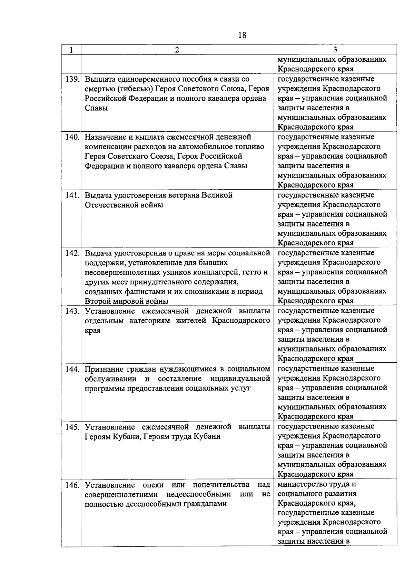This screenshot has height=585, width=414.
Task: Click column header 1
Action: pyautogui.click(x=71, y=50)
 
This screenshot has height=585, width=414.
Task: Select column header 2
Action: pyautogui.click(x=177, y=50)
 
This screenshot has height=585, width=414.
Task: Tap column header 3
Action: pyautogui.click(x=335, y=50)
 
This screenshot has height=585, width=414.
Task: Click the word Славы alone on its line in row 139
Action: pyautogui.click(x=96, y=108)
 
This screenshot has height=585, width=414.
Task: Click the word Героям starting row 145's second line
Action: pyautogui.click(x=98, y=436)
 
